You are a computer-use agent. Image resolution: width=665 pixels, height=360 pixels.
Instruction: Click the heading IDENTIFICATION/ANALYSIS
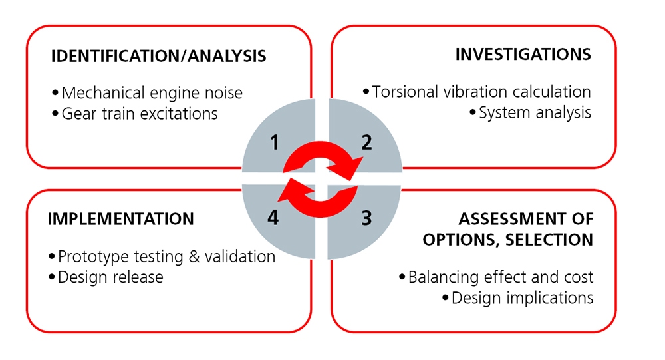pyautogui.click(x=158, y=56)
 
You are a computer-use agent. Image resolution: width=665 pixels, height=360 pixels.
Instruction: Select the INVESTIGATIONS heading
pyautogui.click(x=523, y=55)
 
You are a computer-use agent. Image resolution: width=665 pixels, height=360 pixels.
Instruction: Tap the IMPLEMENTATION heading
pyautogui.click(x=121, y=219)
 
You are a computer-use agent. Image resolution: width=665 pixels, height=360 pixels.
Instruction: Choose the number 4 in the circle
pyautogui.click(x=273, y=217)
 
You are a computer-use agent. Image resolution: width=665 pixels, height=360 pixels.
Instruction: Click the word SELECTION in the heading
pyautogui.click(x=549, y=239)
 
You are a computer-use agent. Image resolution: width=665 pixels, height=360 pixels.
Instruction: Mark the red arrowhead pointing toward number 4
pyautogui.click(x=287, y=194)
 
